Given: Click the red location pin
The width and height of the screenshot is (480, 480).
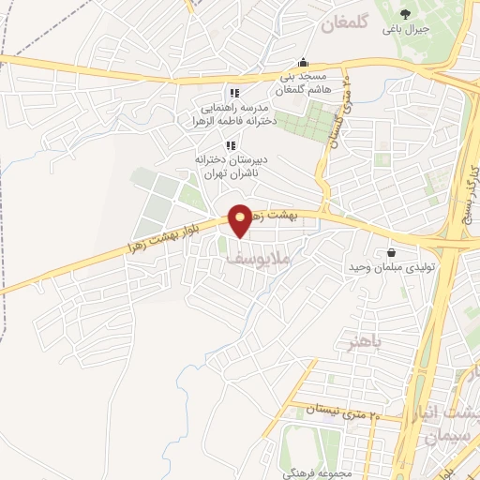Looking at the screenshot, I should (x=241, y=221).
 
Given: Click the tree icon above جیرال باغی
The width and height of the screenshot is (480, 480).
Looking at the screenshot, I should (x=405, y=13).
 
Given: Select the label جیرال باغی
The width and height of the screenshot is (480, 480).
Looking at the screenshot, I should (x=405, y=29).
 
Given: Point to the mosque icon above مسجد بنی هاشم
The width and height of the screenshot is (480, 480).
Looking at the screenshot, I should (x=302, y=63).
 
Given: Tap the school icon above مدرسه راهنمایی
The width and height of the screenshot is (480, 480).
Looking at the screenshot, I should (x=234, y=94).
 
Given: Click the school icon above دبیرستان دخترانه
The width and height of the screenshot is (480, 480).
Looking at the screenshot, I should (x=231, y=144).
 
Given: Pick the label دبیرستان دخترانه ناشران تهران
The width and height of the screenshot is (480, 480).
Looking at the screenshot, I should (x=231, y=166).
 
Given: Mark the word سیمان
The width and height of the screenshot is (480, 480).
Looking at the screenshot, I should (x=444, y=438).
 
